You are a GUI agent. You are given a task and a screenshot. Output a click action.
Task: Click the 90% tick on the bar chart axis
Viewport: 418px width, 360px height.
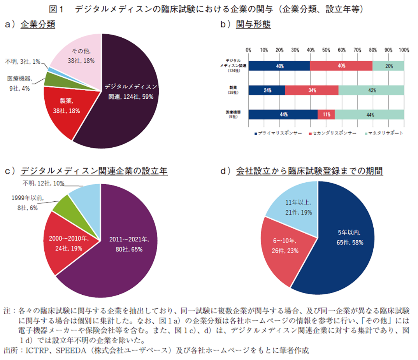click(388, 50)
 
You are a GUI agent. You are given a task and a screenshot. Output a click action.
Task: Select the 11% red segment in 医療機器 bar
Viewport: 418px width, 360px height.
click(326, 114)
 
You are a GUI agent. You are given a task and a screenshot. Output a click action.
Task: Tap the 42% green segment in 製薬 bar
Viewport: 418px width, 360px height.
click(372, 90)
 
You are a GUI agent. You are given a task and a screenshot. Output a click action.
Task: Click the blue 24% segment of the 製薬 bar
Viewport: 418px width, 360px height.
click(267, 90)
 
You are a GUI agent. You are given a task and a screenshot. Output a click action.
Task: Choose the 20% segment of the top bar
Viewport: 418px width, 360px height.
click(388, 66)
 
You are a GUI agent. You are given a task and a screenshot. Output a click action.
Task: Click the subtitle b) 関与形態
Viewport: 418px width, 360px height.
click(245, 24)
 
